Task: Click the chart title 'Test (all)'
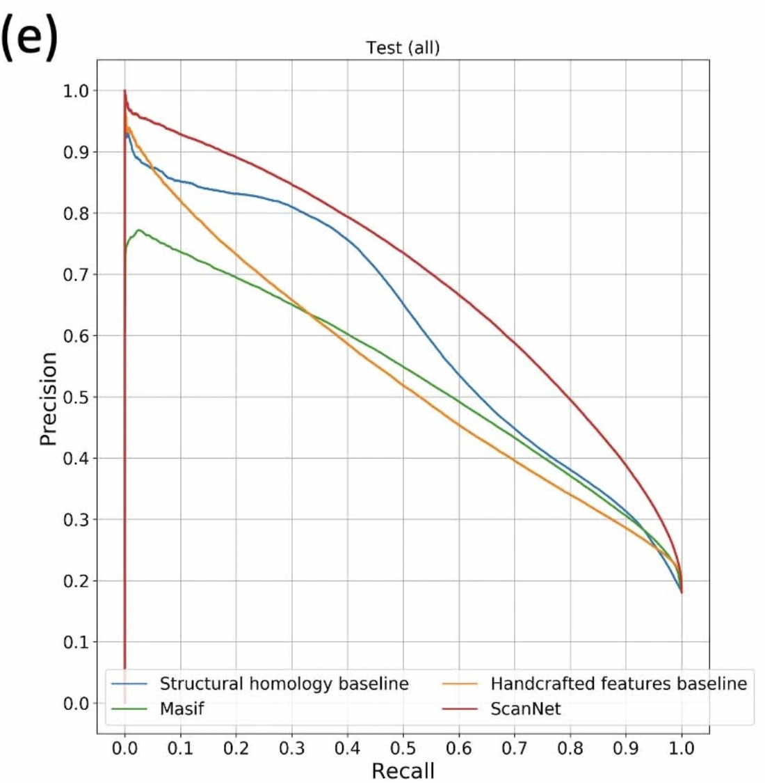pyautogui.click(x=403, y=48)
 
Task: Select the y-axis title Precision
pyautogui.click(x=48, y=398)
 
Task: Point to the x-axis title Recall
pyautogui.click(x=403, y=770)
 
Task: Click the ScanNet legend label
pyautogui.click(x=525, y=709)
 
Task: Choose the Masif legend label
pyautogui.click(x=182, y=709)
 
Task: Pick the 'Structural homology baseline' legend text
pyautogui.click(x=284, y=683)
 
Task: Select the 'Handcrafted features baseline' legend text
pyautogui.click(x=618, y=683)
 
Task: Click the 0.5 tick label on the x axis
pyautogui.click(x=403, y=748)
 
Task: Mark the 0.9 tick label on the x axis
pyautogui.click(x=626, y=748)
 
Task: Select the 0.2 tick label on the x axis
pyautogui.click(x=236, y=748)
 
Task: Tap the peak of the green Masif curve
pyautogui.click(x=139, y=230)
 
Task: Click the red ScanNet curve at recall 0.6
pyautogui.click(x=459, y=294)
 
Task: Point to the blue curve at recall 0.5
pyautogui.click(x=403, y=305)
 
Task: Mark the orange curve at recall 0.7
pyautogui.click(x=515, y=459)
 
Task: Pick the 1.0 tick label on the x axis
pyautogui.click(x=682, y=748)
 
